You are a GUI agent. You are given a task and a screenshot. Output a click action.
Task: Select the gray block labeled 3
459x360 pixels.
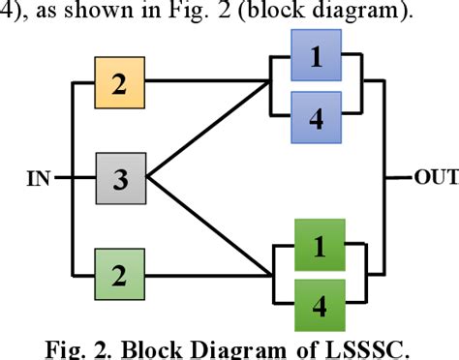(118, 178)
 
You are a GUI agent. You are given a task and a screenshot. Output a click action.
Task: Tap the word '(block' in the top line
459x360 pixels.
(274, 13)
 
